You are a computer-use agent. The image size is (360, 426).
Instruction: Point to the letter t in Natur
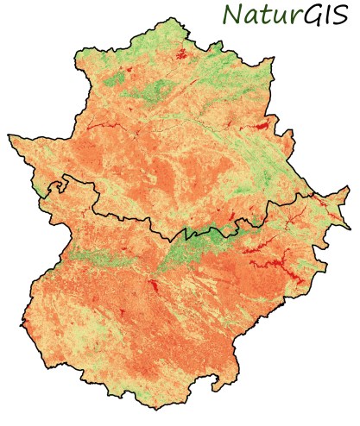coord(263,16)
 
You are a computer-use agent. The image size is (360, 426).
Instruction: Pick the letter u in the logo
coord(276,17)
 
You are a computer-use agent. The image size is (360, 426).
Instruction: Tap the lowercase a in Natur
coord(249,17)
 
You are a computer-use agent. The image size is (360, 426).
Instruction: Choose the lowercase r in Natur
coord(289,17)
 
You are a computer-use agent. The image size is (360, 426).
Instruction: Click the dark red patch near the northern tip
coord(181,54)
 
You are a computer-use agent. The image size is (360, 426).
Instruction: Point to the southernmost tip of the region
coord(148,404)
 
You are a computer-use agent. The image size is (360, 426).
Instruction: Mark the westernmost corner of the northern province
coord(10,135)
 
